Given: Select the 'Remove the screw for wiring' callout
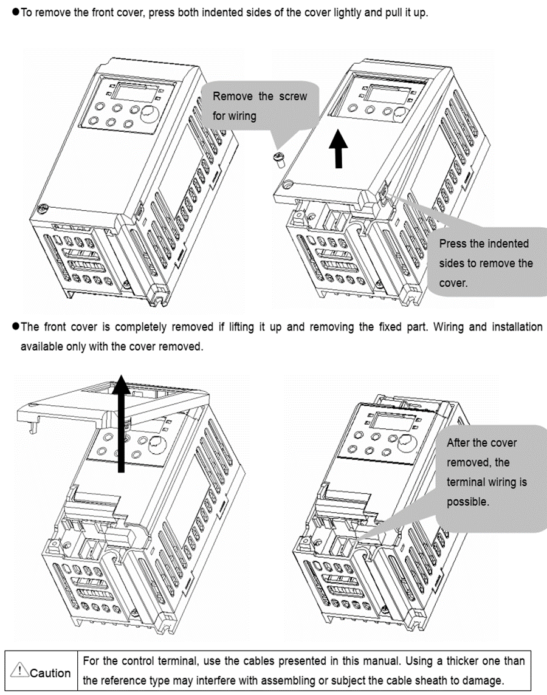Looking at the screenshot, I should pos(260,106).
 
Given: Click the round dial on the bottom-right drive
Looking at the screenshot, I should pos(407,442).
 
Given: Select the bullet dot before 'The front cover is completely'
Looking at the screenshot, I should pos(15,327).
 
